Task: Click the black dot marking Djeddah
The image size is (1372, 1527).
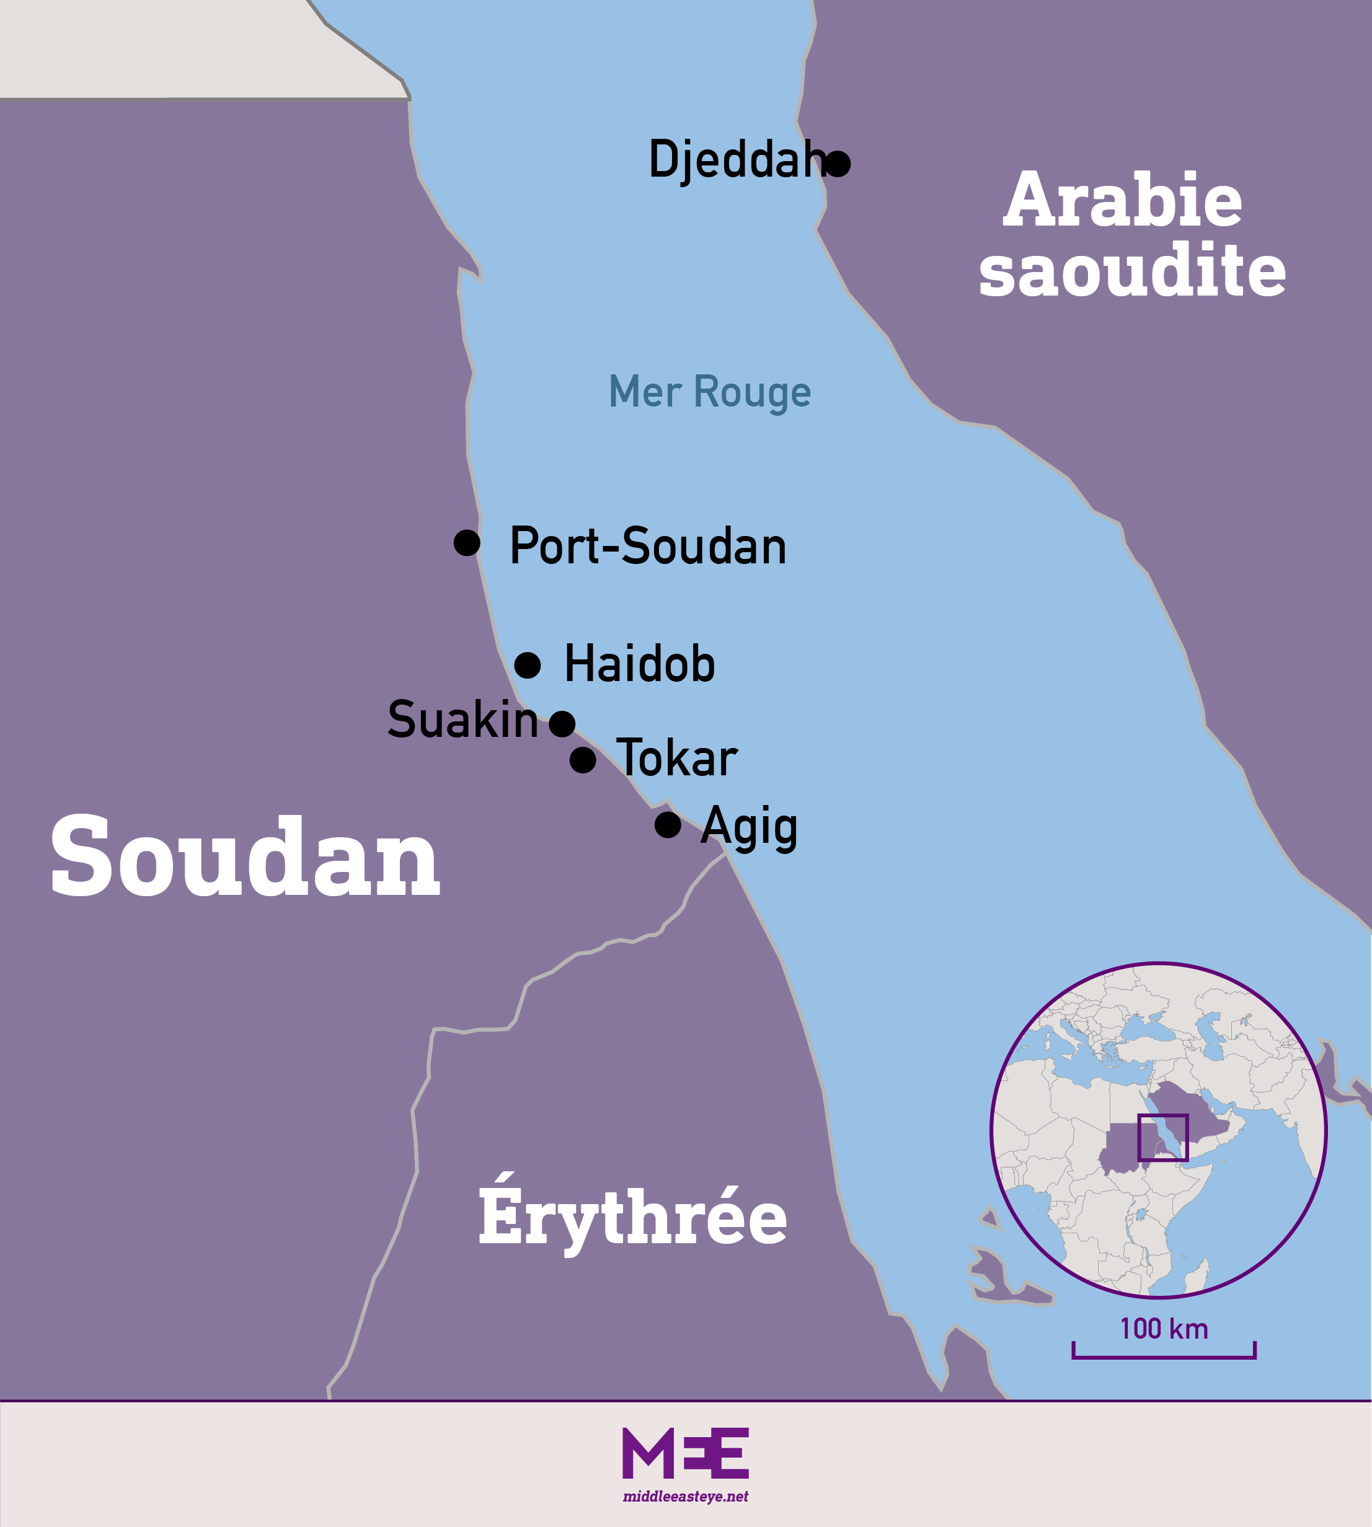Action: [838, 163]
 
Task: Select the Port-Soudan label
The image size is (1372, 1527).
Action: [647, 546]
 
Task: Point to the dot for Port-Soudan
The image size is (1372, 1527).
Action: [467, 543]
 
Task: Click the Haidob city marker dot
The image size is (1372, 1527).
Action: [527, 666]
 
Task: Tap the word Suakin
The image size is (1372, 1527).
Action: [462, 719]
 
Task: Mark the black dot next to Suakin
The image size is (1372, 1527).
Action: [562, 724]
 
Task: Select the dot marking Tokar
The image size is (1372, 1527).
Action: [582, 760]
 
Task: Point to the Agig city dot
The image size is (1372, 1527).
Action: [667, 825]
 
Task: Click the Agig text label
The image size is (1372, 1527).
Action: [748, 827]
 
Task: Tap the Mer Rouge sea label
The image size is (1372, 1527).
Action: [709, 392]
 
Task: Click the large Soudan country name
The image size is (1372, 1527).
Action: [245, 857]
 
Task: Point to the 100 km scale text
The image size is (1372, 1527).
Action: [1163, 1328]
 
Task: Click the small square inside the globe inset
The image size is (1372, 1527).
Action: [1162, 1138]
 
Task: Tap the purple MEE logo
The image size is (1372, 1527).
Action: [685, 1453]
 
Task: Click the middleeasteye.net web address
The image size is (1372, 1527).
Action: [685, 1496]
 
